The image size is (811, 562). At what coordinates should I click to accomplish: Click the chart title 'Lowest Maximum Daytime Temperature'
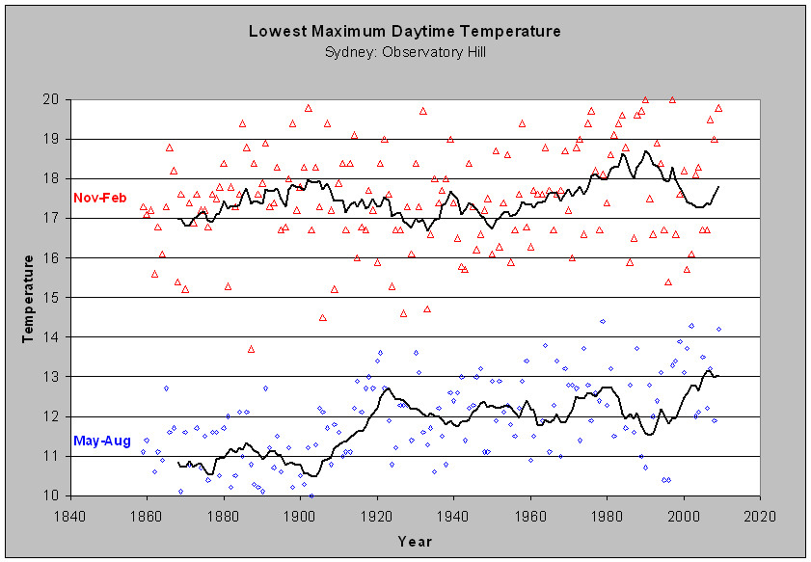click(405, 31)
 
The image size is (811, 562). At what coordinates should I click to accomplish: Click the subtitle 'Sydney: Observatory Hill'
click(405, 50)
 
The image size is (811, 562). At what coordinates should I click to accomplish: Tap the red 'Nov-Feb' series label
click(99, 198)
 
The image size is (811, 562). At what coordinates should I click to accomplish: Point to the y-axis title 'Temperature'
click(30, 298)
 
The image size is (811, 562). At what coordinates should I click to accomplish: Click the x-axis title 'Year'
click(415, 542)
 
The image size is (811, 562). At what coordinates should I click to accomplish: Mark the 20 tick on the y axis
click(56, 99)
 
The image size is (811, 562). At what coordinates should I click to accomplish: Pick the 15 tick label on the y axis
click(56, 298)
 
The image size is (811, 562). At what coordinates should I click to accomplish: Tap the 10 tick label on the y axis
click(56, 495)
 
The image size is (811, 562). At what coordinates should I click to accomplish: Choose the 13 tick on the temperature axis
click(56, 377)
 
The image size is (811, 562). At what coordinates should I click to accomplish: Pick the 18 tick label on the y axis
click(56, 178)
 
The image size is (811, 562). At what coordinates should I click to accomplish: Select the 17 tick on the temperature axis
click(56, 218)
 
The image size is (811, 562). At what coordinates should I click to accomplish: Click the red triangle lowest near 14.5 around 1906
click(323, 317)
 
